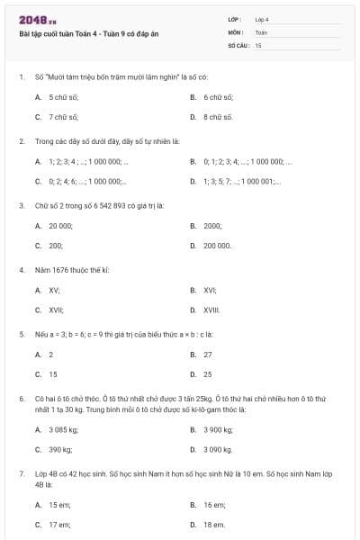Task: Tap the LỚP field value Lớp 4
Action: point(262,19)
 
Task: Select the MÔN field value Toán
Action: point(261,31)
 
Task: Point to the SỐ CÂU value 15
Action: point(258,44)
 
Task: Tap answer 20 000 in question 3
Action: point(60,226)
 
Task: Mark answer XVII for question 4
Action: point(55,310)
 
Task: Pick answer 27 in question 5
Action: point(208,354)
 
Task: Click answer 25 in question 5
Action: point(208,373)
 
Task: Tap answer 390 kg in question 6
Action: point(60,448)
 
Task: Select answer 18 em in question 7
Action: point(213,524)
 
